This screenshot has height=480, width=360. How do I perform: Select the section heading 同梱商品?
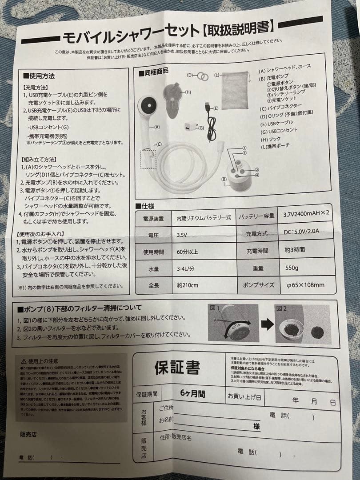point(154,71)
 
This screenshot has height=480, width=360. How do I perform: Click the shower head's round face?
point(147,107)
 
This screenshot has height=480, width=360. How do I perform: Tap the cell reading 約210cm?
point(188,285)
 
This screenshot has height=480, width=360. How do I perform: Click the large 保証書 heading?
point(177,367)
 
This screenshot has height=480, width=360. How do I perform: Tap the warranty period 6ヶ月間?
point(192,393)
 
